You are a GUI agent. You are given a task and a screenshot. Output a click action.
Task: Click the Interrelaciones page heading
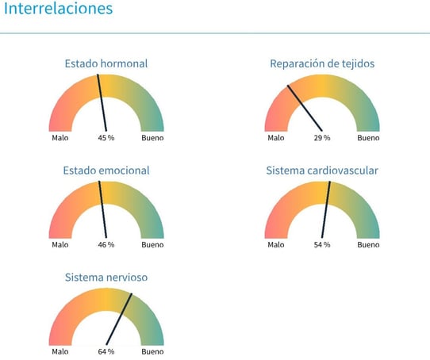(x=59, y=9)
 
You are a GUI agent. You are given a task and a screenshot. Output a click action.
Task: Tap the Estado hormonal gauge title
(x=106, y=63)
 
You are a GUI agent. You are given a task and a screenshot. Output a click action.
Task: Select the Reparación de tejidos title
(x=322, y=63)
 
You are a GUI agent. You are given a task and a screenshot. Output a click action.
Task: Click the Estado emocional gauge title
(x=106, y=170)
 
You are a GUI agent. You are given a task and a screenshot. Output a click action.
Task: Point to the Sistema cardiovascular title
(x=322, y=170)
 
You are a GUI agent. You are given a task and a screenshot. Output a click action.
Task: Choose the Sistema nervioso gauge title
(x=106, y=278)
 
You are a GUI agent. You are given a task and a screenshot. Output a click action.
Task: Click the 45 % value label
(x=106, y=138)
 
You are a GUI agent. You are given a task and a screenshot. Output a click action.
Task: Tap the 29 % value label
(x=322, y=138)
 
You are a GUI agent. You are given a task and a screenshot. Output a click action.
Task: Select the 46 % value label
(x=106, y=244)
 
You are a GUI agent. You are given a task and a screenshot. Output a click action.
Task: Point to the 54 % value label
(x=322, y=244)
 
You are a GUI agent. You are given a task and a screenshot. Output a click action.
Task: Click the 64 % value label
(x=106, y=351)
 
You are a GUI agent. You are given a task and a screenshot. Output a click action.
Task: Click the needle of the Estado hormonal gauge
(x=102, y=103)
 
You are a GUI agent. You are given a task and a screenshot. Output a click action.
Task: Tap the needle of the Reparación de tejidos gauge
(x=305, y=109)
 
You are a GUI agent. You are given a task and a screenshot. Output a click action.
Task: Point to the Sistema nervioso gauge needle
(x=119, y=319)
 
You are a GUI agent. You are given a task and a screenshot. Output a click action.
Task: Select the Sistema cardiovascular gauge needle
(x=326, y=210)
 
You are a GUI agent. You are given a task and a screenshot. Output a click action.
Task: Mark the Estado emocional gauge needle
(x=102, y=210)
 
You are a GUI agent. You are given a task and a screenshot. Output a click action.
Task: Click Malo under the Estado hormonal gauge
(x=60, y=138)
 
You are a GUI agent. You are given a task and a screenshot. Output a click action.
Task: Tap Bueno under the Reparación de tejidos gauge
(x=368, y=138)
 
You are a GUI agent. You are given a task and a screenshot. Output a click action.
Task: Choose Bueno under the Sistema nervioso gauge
(x=152, y=351)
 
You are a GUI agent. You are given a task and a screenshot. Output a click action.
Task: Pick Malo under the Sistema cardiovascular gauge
(x=276, y=244)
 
